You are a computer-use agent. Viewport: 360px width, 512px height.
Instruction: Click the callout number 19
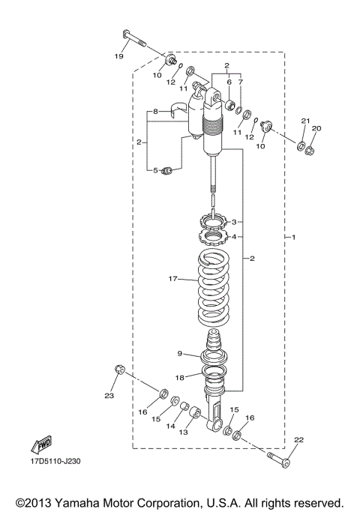coord(118,56)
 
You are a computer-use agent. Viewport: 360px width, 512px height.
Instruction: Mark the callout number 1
coord(294,238)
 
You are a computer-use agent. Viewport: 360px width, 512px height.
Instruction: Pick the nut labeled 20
coord(311,149)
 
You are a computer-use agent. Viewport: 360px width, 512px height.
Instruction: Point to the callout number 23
coord(109,395)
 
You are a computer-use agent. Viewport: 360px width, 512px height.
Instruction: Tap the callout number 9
coord(180,354)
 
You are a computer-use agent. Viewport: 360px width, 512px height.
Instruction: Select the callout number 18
coord(180,379)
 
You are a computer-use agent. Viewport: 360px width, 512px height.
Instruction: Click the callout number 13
coord(183,432)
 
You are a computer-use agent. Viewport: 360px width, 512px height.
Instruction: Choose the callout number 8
coord(155,112)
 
